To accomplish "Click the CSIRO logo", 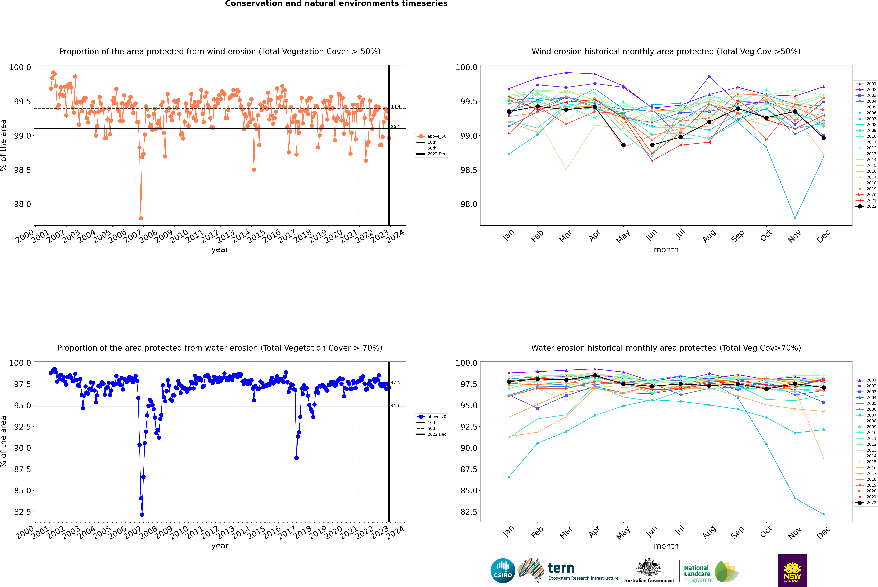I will (x=503, y=571).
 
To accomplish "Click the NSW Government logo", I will (x=792, y=571).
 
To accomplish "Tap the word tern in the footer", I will (x=561, y=568).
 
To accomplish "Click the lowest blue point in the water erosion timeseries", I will (x=142, y=514).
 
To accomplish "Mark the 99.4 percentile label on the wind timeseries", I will (x=395, y=107).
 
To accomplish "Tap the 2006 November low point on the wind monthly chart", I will (x=795, y=218).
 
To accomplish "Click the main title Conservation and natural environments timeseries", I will (x=336, y=4).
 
